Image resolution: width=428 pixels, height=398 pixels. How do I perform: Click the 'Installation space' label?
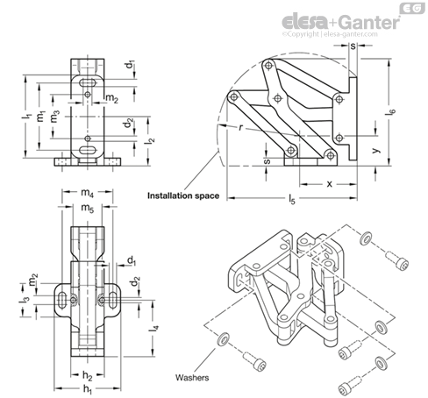point(183,195)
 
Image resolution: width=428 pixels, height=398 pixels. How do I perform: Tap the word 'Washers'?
point(192,378)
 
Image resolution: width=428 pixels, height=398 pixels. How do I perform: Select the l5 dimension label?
point(292,200)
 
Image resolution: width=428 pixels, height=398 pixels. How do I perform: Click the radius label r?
point(240,127)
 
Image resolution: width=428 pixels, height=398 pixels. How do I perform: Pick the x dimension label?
point(330,184)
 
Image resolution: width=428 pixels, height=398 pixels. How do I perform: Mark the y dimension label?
point(376,150)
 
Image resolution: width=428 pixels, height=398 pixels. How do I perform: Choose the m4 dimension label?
point(87,193)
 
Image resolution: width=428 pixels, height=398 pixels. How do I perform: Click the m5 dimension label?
point(88,209)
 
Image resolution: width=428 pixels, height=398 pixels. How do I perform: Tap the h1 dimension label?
point(88,389)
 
